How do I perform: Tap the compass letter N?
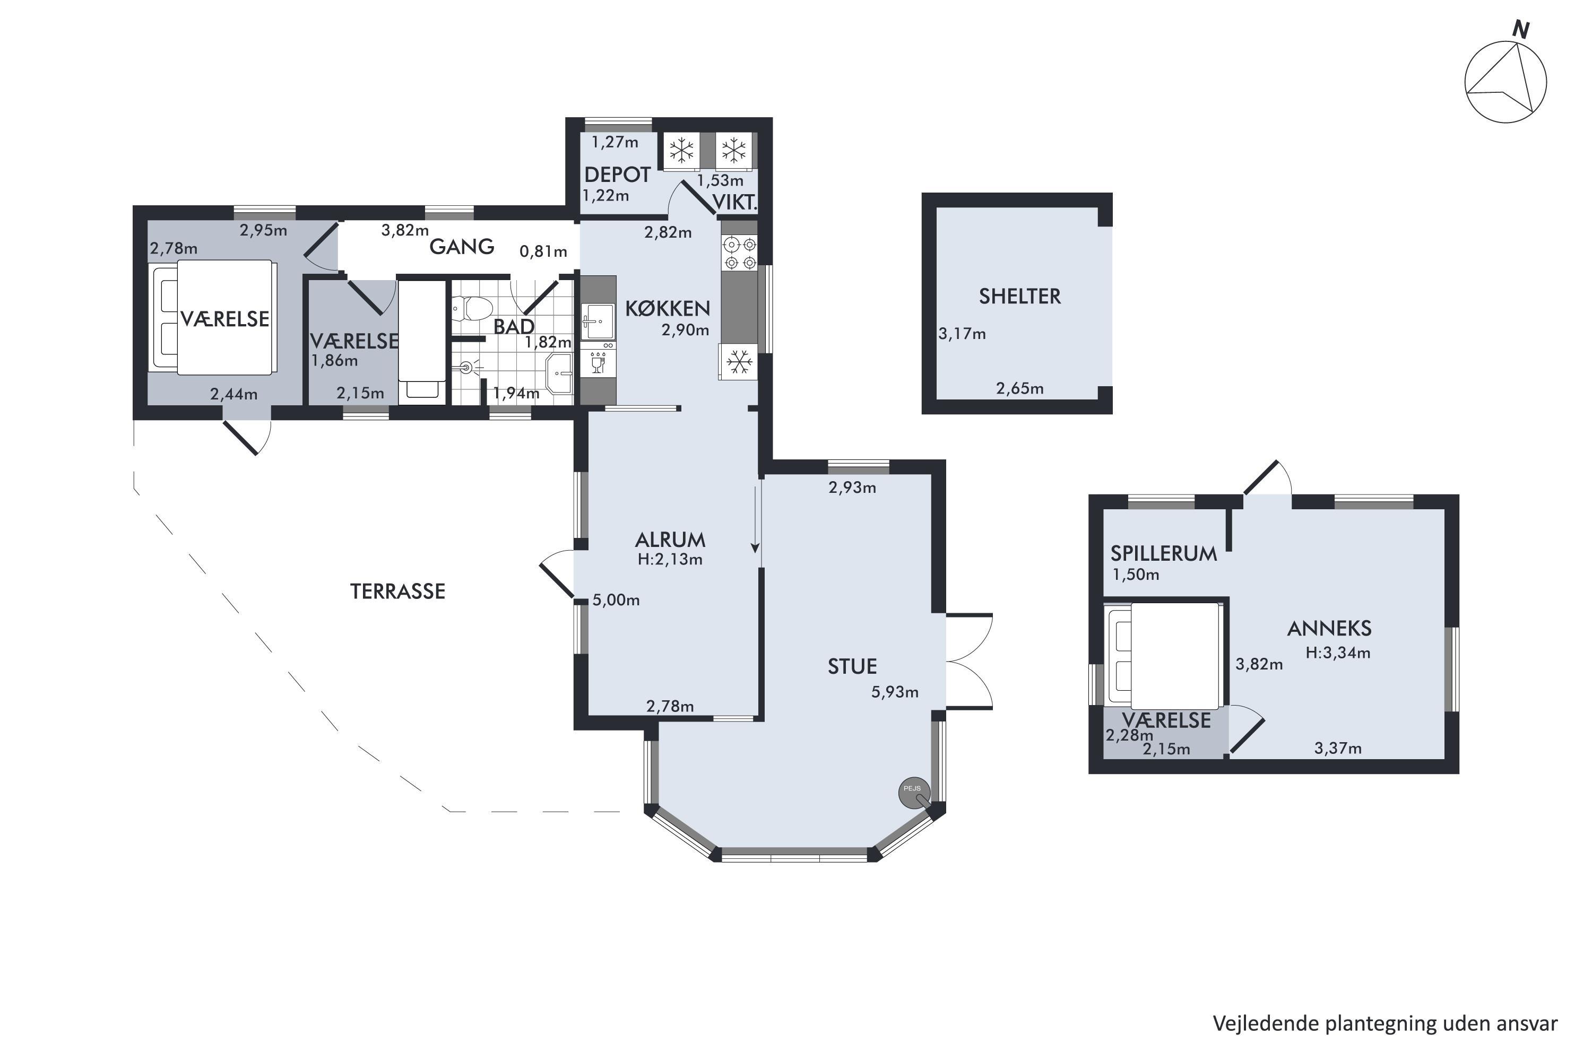click(x=1521, y=30)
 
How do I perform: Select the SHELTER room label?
click(x=1019, y=297)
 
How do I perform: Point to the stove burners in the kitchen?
click(x=739, y=253)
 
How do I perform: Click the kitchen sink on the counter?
click(x=597, y=322)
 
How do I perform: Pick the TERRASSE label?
click(x=397, y=592)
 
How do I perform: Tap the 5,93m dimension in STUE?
click(x=894, y=692)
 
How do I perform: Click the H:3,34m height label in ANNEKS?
click(x=1338, y=653)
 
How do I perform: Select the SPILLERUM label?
click(x=1164, y=553)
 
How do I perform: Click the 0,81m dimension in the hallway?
click(x=543, y=251)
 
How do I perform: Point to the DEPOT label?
click(x=617, y=175)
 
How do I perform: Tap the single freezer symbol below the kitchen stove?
click(x=739, y=362)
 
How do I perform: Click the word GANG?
click(x=462, y=246)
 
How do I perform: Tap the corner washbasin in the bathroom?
click(x=560, y=373)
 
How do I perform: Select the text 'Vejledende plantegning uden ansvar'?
click(x=1385, y=1024)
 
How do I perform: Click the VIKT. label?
click(x=734, y=202)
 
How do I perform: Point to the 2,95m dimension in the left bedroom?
click(x=263, y=230)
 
